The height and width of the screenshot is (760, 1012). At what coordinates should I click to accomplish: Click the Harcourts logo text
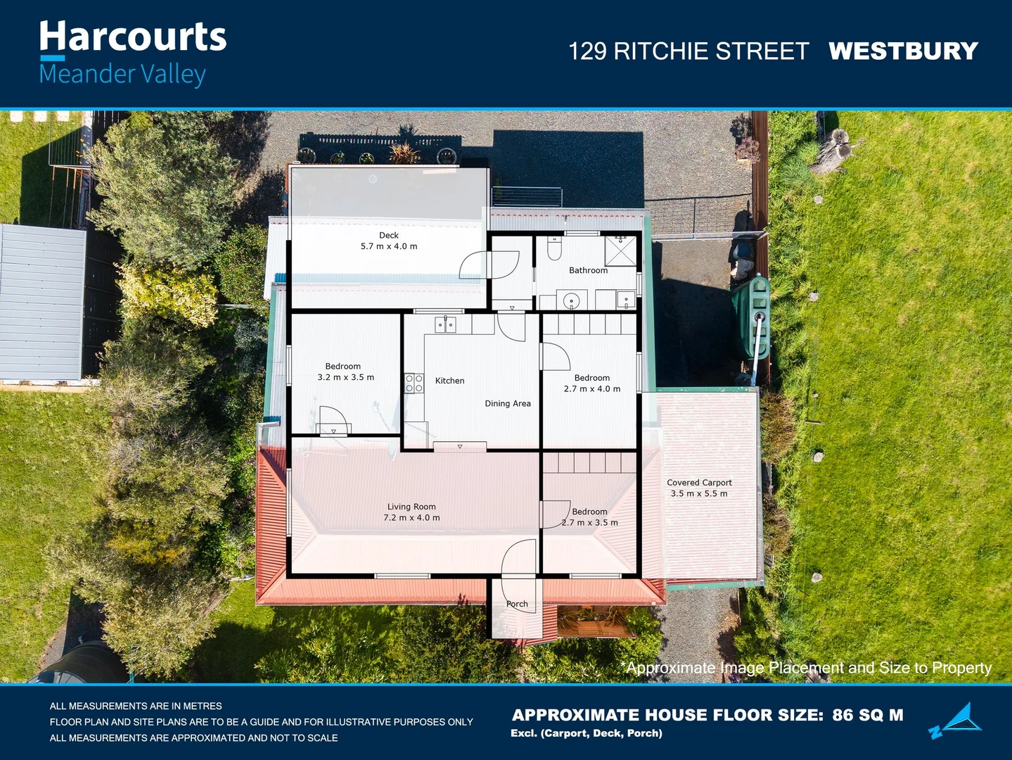(x=132, y=37)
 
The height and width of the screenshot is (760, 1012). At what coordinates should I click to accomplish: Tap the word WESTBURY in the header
(x=903, y=51)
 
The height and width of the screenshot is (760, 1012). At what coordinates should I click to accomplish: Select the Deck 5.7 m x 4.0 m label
(x=389, y=241)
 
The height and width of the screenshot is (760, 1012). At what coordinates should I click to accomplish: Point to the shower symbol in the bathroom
(x=620, y=251)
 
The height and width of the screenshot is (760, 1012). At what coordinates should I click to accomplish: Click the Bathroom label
(x=588, y=270)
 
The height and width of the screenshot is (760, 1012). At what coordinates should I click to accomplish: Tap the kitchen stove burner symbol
(x=414, y=383)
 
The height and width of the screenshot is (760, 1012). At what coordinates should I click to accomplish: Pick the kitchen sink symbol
(x=445, y=324)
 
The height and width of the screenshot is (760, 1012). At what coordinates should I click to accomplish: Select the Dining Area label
(x=507, y=403)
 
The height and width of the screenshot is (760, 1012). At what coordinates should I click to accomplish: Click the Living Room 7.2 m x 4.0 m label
(x=411, y=512)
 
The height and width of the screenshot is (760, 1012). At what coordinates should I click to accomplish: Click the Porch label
(x=517, y=604)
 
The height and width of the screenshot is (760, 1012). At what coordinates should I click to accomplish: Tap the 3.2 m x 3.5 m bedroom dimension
(x=345, y=378)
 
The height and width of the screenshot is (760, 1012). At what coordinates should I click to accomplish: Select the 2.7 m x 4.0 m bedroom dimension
(x=592, y=389)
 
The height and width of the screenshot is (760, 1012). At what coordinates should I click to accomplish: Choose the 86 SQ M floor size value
(x=868, y=715)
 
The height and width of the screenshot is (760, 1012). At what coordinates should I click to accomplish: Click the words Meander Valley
(x=122, y=74)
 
